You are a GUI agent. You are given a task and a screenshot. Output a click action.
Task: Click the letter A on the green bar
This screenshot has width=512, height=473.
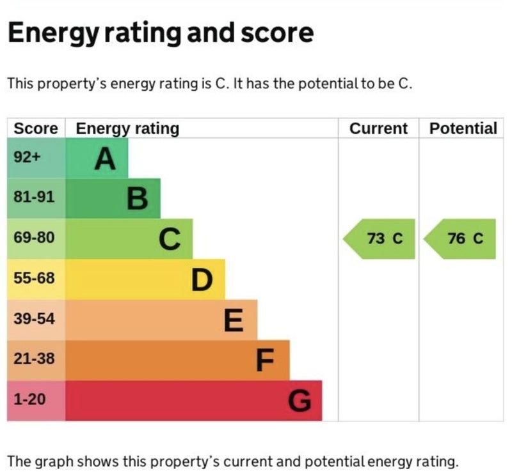(105, 159)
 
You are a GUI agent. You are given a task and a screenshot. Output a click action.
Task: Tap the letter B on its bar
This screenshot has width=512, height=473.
(138, 199)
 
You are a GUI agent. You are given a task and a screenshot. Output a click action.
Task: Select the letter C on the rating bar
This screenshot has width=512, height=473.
(170, 240)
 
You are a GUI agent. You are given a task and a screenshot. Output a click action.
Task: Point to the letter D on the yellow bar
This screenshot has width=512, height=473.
(202, 280)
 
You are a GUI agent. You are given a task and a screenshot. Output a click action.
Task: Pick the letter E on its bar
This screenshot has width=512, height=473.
(234, 320)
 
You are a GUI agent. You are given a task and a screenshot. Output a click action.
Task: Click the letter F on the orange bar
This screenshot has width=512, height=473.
(265, 361)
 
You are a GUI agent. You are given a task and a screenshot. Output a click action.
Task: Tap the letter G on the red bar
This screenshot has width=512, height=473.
(300, 401)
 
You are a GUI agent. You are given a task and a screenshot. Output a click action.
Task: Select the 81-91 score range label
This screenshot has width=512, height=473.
(34, 197)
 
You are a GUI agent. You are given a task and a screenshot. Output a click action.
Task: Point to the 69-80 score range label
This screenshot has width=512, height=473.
(34, 238)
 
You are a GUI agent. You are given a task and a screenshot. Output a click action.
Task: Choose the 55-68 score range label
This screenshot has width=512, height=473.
(34, 279)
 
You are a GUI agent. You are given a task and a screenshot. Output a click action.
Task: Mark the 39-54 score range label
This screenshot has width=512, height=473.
(34, 318)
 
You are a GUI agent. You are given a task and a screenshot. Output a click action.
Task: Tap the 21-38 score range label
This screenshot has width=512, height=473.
(34, 359)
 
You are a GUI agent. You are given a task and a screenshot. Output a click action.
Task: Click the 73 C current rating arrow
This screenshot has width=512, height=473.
(380, 239)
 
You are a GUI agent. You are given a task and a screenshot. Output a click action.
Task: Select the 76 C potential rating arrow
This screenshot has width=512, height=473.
(461, 239)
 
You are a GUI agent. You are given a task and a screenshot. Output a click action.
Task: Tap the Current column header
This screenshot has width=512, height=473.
(378, 128)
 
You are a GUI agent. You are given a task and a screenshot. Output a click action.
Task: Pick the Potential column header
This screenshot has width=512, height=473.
(463, 128)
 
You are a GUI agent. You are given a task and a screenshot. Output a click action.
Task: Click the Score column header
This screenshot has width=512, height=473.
(36, 128)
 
